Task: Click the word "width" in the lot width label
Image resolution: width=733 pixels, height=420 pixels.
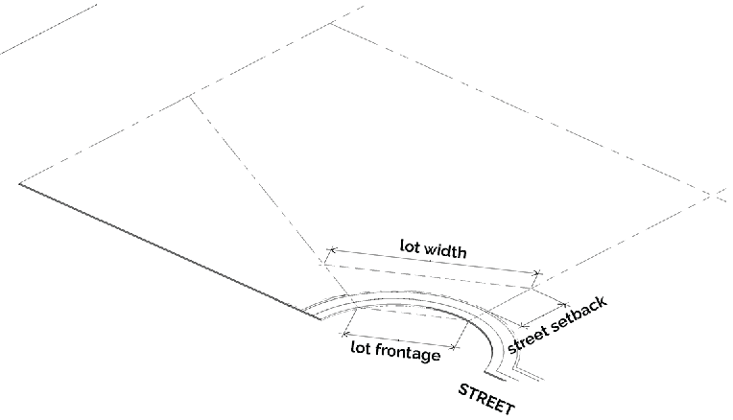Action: (445, 252)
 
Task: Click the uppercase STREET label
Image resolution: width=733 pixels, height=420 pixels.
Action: (486, 397)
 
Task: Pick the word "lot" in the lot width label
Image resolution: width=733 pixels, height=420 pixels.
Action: (410, 245)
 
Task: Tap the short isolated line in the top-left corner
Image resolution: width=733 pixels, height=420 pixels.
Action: (48, 28)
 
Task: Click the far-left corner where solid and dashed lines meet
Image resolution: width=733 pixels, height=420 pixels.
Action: (19, 182)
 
